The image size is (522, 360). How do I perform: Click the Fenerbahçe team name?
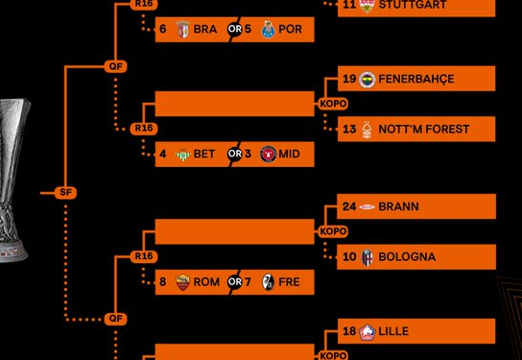pyautogui.click(x=416, y=79)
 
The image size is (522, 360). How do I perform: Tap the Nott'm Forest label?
pyautogui.click(x=411, y=130)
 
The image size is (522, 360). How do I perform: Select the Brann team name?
pyautogui.click(x=398, y=206)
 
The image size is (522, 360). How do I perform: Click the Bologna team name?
pyautogui.click(x=407, y=257)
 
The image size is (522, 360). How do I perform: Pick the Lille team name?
pyautogui.click(x=393, y=331)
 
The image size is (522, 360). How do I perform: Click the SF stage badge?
pyautogui.click(x=66, y=193)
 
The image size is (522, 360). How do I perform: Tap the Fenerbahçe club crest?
pyautogui.click(x=367, y=79)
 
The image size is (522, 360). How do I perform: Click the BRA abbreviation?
pyautogui.click(x=205, y=30)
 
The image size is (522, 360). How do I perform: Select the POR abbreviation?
pyautogui.click(x=289, y=30)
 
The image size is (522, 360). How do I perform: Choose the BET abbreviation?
pyautogui.click(x=204, y=154)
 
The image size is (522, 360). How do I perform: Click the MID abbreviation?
pyautogui.click(x=289, y=154)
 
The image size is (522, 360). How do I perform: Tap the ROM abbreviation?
pyautogui.click(x=206, y=282)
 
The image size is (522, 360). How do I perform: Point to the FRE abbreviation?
pyautogui.click(x=289, y=282)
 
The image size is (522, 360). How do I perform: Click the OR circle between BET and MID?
pyautogui.click(x=235, y=154)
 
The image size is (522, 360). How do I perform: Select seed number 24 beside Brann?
pyautogui.click(x=349, y=206)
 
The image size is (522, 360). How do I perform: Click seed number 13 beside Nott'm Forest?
pyautogui.click(x=349, y=130)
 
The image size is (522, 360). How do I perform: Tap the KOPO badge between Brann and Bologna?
pyautogui.click(x=333, y=231)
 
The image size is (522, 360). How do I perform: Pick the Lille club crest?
pyautogui.click(x=367, y=332)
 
